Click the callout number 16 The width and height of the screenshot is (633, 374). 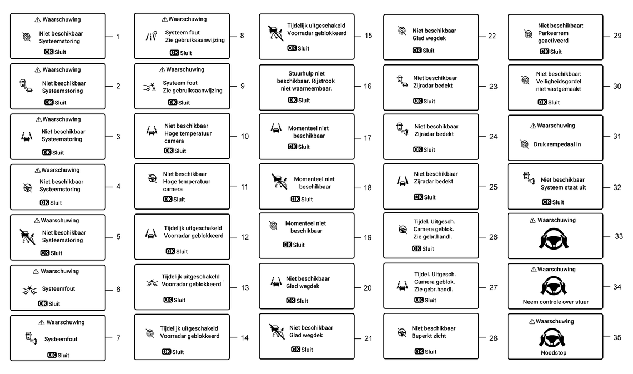pos(368,87)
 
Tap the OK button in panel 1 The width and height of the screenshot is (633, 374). pos(49,51)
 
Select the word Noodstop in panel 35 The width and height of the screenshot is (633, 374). pos(554,352)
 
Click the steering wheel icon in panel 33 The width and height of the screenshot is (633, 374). pos(554,237)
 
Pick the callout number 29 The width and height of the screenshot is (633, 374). pos(617,36)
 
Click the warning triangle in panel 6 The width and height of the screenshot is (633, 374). pos(36,271)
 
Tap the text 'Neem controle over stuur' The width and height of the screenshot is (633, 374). pos(555,302)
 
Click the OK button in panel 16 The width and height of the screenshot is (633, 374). pos(292,101)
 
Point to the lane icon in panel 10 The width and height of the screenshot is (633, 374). pos(151,132)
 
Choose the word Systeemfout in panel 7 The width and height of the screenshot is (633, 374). pos(61,339)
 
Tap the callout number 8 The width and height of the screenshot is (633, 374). pos(242,36)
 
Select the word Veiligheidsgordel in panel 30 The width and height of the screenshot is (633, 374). pos(559,81)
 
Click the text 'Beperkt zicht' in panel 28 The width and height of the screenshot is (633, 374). pos(429,336)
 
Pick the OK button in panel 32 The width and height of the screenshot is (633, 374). pos(546,202)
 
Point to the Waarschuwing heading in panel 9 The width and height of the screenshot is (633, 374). pos(185,69)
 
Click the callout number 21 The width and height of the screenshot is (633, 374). pos(368,338)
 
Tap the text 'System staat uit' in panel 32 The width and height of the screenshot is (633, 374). pos(563,187)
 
